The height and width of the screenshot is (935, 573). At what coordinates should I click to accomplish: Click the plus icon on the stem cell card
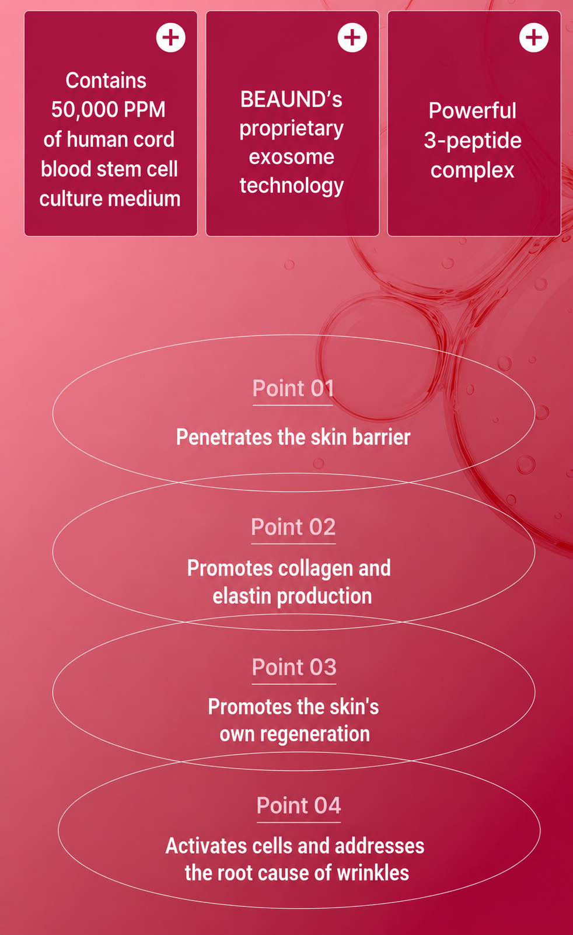171,37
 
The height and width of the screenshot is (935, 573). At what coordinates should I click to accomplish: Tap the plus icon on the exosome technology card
352,37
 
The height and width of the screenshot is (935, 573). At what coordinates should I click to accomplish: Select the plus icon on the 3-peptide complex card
534,37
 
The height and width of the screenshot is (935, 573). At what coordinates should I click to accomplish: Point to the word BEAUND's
291,99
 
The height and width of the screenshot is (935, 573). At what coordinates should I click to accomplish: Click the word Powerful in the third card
473,111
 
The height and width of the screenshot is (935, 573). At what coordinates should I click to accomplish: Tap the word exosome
291,157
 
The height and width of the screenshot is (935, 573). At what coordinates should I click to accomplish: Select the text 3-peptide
473,141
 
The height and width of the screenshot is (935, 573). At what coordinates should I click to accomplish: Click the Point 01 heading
293,389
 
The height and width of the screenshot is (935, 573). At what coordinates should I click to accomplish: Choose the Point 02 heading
294,527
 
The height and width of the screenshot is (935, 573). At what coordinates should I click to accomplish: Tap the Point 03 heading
294,668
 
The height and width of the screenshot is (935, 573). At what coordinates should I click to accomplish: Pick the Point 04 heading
299,805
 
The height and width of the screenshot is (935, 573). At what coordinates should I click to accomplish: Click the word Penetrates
224,438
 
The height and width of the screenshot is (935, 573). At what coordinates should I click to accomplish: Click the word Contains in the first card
106,81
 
